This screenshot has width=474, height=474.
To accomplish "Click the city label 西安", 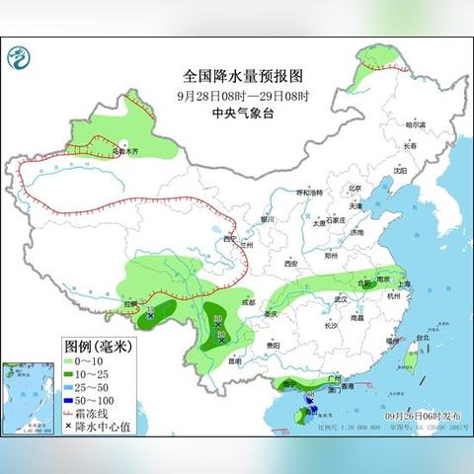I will click(290, 265).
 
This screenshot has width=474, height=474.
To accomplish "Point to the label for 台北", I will click(423, 338).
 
